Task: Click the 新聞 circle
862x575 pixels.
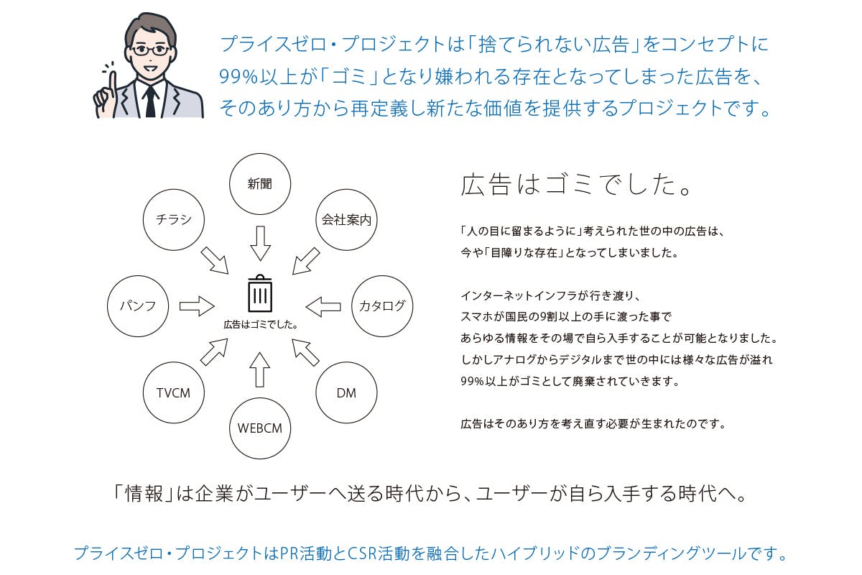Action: point(259,183)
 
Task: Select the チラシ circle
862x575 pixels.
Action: point(174,220)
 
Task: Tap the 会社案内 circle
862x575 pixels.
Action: point(346,220)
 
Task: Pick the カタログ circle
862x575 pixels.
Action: point(382,306)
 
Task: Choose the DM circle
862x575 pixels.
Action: point(346,392)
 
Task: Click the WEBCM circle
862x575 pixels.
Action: point(259,428)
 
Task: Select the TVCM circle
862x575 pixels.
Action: point(174,392)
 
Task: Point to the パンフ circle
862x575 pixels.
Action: point(137,306)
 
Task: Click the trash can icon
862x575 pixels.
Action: point(260,294)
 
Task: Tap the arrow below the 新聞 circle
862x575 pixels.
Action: point(260,243)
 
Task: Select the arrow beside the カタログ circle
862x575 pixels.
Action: point(323,307)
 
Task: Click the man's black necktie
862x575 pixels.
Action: point(150,101)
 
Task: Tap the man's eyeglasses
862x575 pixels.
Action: point(149,50)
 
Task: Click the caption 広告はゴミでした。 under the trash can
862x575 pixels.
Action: point(260,325)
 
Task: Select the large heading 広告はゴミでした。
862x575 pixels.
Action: point(576,185)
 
